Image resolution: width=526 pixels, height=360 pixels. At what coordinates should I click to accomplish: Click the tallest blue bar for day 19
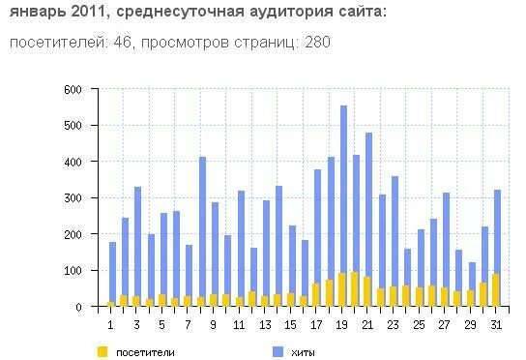[x=343, y=194]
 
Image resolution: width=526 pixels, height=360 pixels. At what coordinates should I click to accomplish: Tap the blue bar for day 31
[x=498, y=232]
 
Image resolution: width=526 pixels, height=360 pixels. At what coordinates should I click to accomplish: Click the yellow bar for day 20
[x=356, y=289]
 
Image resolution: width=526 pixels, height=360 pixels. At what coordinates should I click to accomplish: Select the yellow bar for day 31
[x=496, y=290]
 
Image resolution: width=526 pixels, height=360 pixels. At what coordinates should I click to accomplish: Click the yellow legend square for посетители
[x=102, y=351]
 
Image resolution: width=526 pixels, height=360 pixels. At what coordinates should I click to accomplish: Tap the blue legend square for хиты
[x=277, y=351]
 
